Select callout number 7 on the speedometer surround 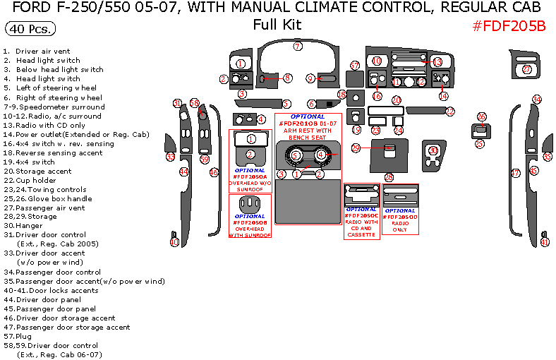click(x=298, y=47)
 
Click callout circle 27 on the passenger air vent click(x=527, y=69)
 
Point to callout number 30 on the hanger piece click(x=433, y=151)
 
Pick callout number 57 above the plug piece click(x=355, y=66)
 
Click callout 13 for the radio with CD click(x=437, y=62)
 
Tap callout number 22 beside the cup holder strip click(x=449, y=112)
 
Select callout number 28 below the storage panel click(x=389, y=177)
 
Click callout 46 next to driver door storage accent click(x=214, y=172)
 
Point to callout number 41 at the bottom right click(x=544, y=242)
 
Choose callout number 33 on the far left click(x=170, y=157)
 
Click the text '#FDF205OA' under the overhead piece click(x=250, y=176)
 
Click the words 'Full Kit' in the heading click(x=277, y=25)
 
